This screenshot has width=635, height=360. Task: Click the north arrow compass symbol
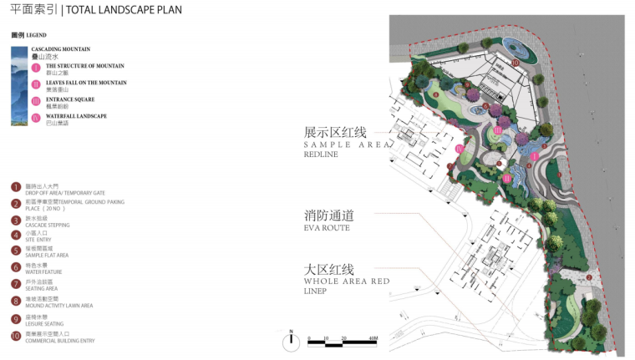(x=291, y=337)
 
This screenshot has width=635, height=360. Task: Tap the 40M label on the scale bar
(x=373, y=338)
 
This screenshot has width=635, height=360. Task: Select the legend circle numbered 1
(x=16, y=187)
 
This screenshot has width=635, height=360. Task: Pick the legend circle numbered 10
(x=16, y=337)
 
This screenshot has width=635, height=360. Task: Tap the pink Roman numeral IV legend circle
(x=36, y=118)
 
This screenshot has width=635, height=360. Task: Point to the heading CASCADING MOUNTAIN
(x=60, y=49)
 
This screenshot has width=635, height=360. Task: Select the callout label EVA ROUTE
(x=327, y=227)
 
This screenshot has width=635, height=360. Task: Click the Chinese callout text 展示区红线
(x=335, y=133)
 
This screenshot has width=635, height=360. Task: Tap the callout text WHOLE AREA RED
(x=346, y=282)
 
